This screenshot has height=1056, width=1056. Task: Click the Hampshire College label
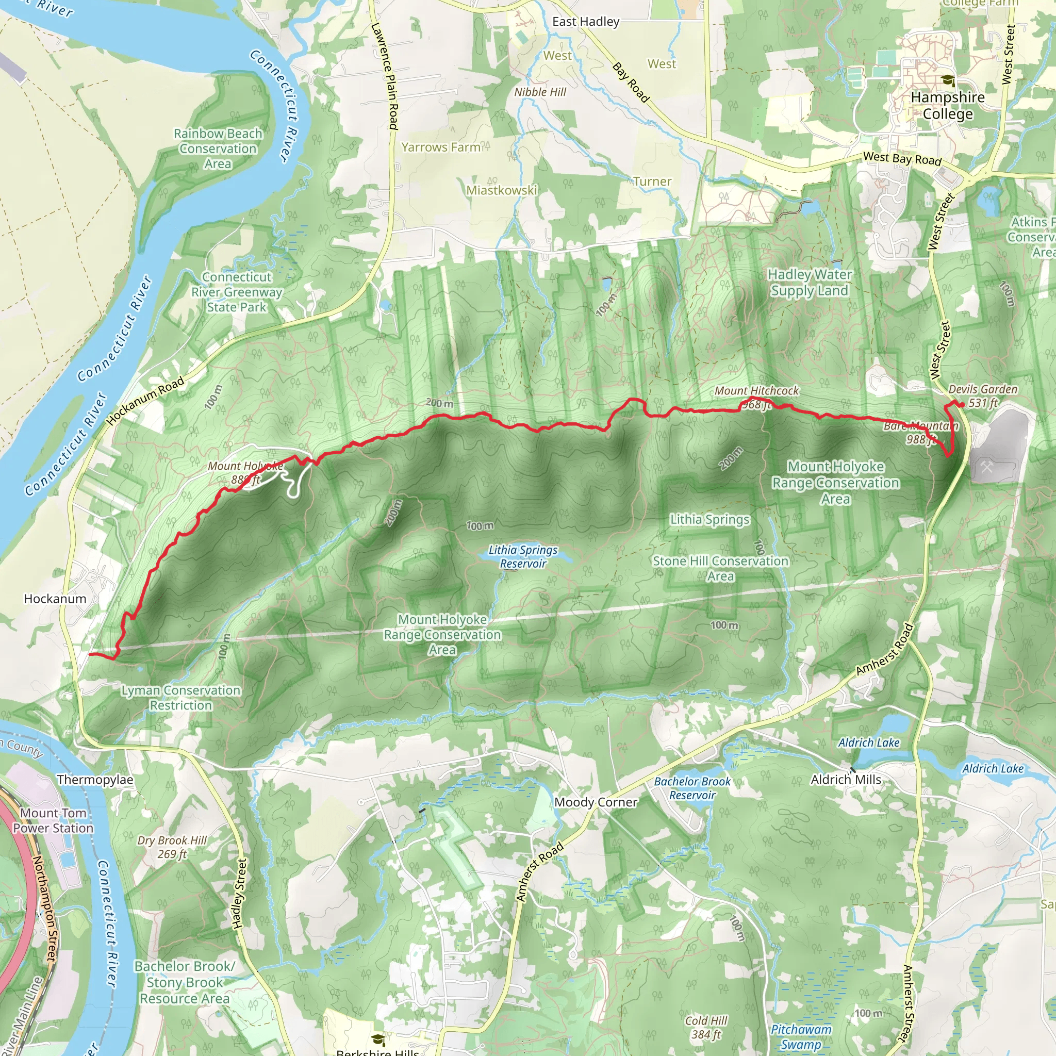pyautogui.click(x=948, y=106)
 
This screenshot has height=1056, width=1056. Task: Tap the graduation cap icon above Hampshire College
pyautogui.click(x=948, y=81)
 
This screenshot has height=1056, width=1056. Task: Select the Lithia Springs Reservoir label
pyautogui.click(x=523, y=556)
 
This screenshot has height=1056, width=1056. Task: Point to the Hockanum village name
pyautogui.click(x=55, y=599)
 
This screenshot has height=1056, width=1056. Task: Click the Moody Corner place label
pyautogui.click(x=596, y=802)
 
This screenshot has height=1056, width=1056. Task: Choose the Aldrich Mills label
pyautogui.click(x=846, y=780)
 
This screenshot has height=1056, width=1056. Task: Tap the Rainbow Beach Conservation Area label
pyautogui.click(x=218, y=148)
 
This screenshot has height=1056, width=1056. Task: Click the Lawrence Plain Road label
pyautogui.click(x=385, y=76)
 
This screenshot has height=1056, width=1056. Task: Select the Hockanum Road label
pyautogui.click(x=145, y=401)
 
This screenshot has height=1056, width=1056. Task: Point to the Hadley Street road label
pyautogui.click(x=240, y=894)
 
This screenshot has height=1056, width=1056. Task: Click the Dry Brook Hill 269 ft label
pyautogui.click(x=172, y=847)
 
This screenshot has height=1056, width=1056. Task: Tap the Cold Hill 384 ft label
pyautogui.click(x=706, y=1028)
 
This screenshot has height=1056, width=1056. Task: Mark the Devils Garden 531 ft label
pyautogui.click(x=983, y=395)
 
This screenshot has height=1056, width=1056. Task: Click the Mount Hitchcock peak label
pyautogui.click(x=756, y=391)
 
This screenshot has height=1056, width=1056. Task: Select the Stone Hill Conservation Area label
pyautogui.click(x=720, y=568)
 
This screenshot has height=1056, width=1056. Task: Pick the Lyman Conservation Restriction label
pyautogui.click(x=181, y=698)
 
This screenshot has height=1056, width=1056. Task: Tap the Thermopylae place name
pyautogui.click(x=95, y=780)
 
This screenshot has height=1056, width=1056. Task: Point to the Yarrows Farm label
pyautogui.click(x=441, y=147)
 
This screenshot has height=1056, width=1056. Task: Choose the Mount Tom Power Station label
pyautogui.click(x=54, y=820)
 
